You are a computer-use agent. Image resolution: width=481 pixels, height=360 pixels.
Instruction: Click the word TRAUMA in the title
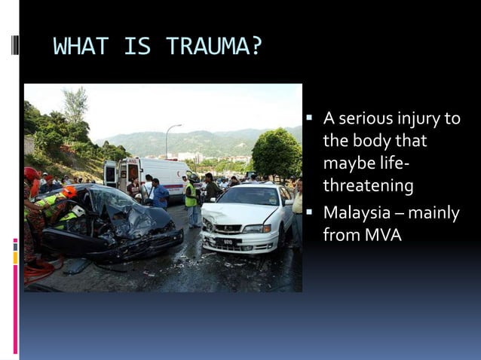tap(214, 47)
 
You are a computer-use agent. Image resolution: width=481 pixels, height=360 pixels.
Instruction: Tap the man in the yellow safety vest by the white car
tap(192, 200)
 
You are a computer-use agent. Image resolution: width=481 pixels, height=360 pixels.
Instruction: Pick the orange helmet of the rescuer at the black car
tap(69, 192)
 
